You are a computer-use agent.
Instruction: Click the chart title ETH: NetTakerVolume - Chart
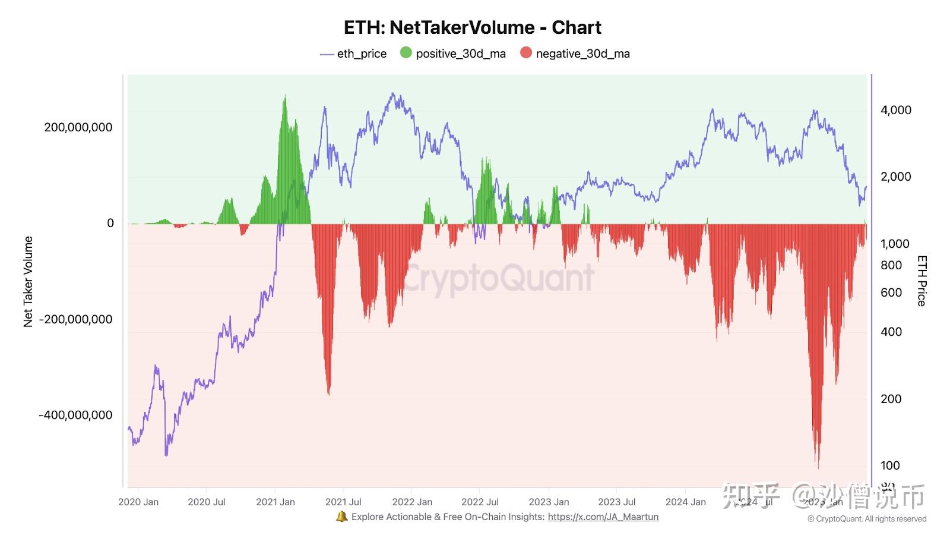tap(473, 27)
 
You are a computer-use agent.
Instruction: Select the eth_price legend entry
tap(353, 53)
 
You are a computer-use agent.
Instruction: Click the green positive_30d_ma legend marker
tap(406, 53)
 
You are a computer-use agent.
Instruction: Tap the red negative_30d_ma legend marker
tap(526, 53)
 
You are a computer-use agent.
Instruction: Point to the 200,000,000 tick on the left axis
tap(78, 127)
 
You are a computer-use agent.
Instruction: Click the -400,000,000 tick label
tap(75, 415)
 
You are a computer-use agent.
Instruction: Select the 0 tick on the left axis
tap(110, 223)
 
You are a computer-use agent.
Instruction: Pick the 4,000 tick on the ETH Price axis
tap(895, 110)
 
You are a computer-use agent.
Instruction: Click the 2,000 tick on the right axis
tap(895, 177)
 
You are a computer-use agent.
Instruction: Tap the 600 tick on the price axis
tap(891, 292)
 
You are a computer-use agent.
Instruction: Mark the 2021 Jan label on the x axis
tap(275, 502)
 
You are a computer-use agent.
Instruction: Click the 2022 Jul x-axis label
tap(480, 502)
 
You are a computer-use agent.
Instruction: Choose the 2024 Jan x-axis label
tap(685, 502)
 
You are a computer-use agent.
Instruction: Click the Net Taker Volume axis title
tap(28, 282)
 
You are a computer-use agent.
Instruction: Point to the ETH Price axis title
tap(921, 281)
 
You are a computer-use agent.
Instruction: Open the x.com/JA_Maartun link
tap(603, 517)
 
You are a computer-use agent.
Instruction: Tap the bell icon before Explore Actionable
tap(341, 517)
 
